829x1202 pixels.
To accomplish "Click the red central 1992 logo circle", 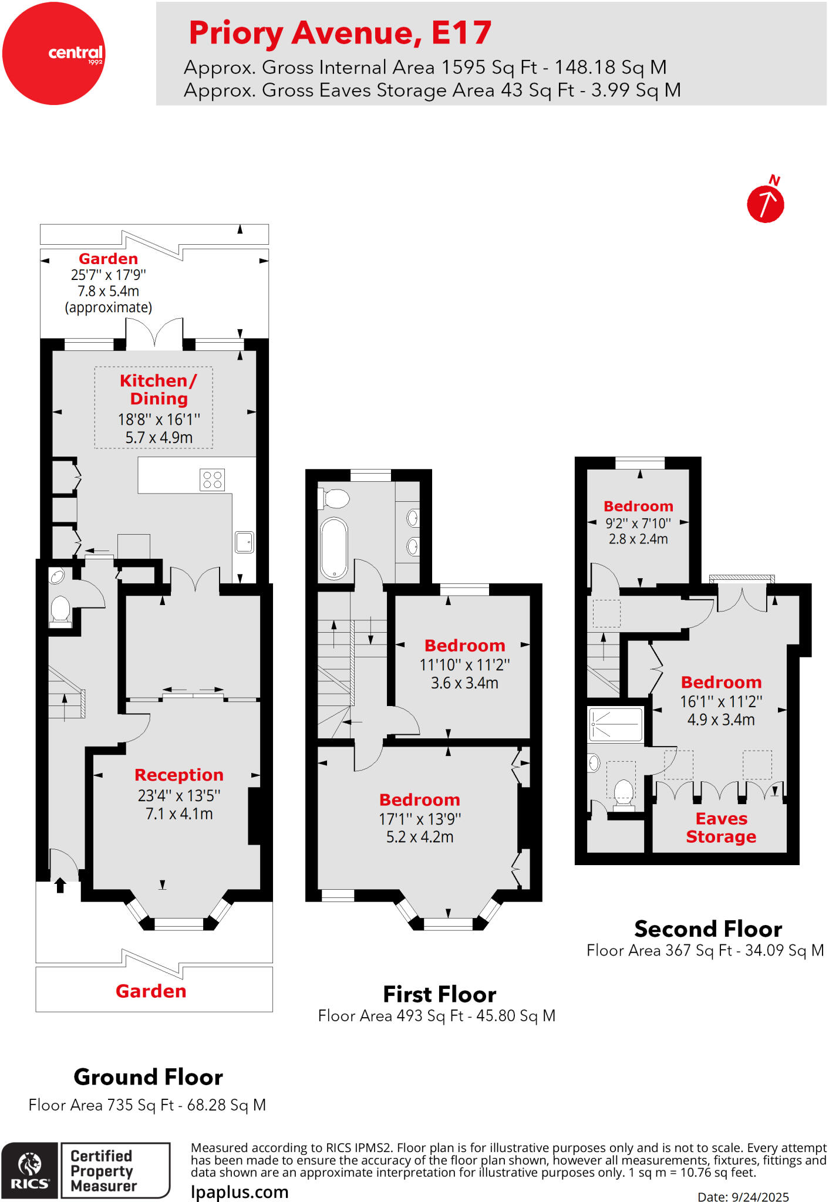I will click(x=53, y=53).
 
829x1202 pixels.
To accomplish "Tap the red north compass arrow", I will click(x=765, y=204).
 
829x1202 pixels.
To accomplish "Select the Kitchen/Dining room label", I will click(x=158, y=390).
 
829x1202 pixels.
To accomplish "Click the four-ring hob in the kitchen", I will click(x=212, y=480).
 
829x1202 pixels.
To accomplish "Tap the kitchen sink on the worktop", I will click(x=244, y=542).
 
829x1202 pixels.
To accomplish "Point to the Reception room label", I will click(x=179, y=775).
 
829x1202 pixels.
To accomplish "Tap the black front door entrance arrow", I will click(x=60, y=885).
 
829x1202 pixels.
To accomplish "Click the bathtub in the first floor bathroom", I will click(x=334, y=548).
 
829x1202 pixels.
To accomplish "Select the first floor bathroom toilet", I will click(x=335, y=499).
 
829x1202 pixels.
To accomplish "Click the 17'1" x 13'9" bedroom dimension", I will click(x=420, y=819).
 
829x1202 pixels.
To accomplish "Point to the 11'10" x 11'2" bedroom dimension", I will click(x=464, y=665).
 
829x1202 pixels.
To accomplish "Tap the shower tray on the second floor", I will click(x=616, y=725).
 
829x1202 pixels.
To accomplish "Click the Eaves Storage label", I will click(x=721, y=828).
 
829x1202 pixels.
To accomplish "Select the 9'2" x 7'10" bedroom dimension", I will click(x=638, y=523).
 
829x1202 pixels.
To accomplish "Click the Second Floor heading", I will click(x=708, y=929).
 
